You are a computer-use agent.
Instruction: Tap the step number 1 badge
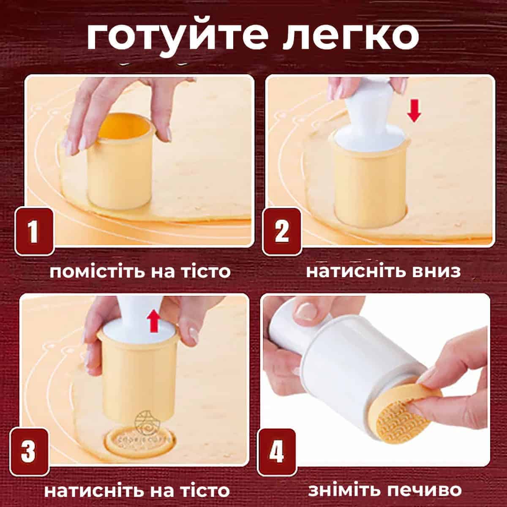pos(34,232)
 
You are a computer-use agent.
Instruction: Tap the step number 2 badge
pos(282,231)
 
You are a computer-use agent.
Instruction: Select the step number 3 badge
pos(29,452)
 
